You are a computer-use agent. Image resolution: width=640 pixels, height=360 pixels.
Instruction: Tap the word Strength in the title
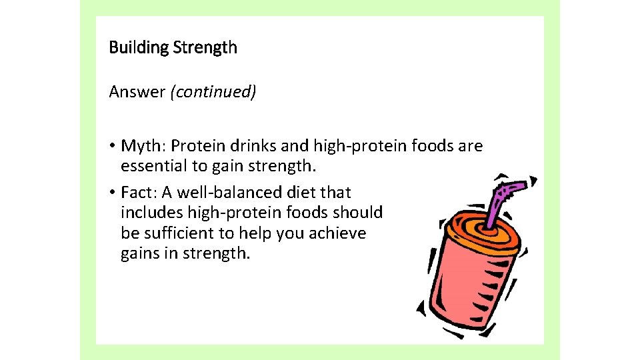[205, 48]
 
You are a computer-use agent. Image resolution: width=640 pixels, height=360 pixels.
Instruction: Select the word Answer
[137, 91]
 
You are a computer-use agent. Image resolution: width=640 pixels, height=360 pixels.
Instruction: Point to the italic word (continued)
[213, 91]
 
